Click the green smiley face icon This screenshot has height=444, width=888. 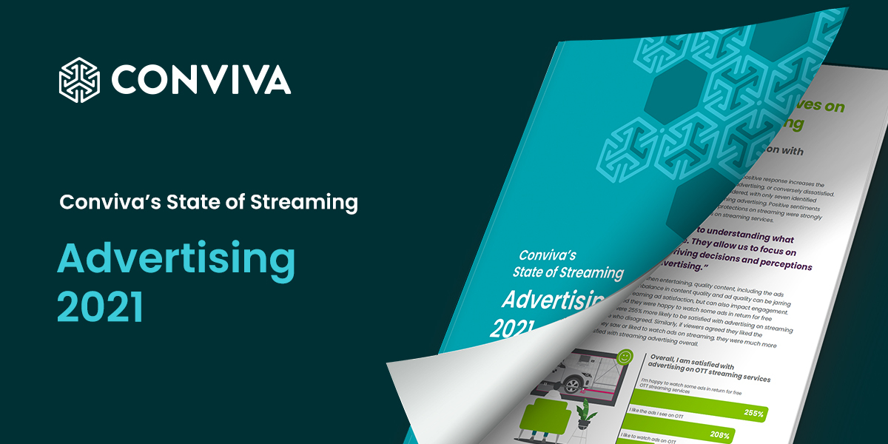pyautogui.click(x=625, y=357)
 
